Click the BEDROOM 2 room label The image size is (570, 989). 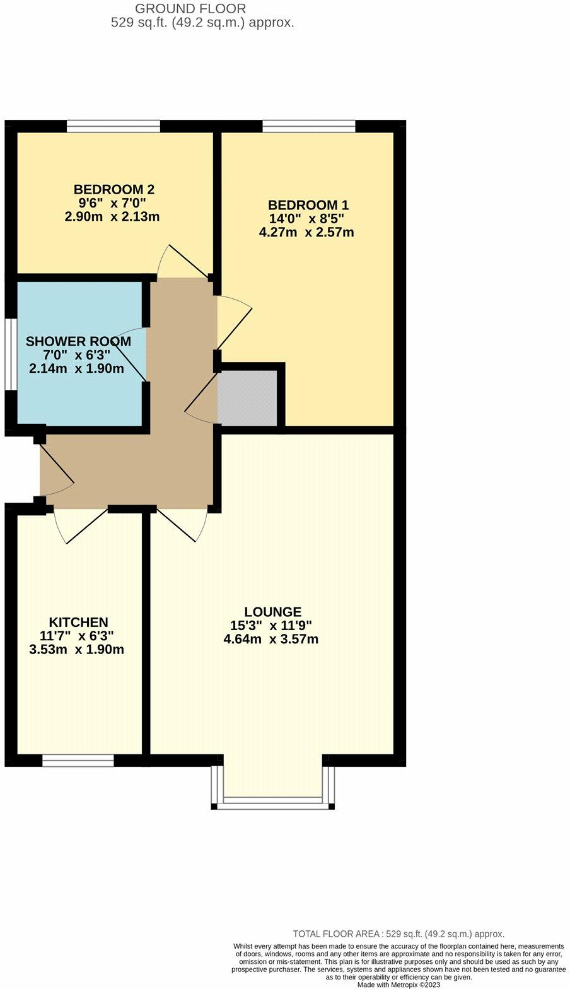pos(113,189)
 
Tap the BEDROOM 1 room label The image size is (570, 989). pos(308,205)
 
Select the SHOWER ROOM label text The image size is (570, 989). pos(78,341)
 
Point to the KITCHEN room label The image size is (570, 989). pos(79,623)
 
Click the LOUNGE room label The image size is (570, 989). pos(272,612)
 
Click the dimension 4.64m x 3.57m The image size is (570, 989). pos(270,640)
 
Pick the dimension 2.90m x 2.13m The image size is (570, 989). pos(112,217)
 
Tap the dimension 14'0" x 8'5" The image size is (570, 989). pos(306,219)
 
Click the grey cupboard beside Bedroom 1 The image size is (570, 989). pos(248,398)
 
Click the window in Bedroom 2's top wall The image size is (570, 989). pos(113,127)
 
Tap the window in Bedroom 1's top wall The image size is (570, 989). pos(309,127)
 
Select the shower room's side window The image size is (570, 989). pos(11,354)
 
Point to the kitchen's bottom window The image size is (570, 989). pos(78,761)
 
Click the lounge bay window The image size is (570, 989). pos(272,801)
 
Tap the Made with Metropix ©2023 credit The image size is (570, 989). pos(398,985)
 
